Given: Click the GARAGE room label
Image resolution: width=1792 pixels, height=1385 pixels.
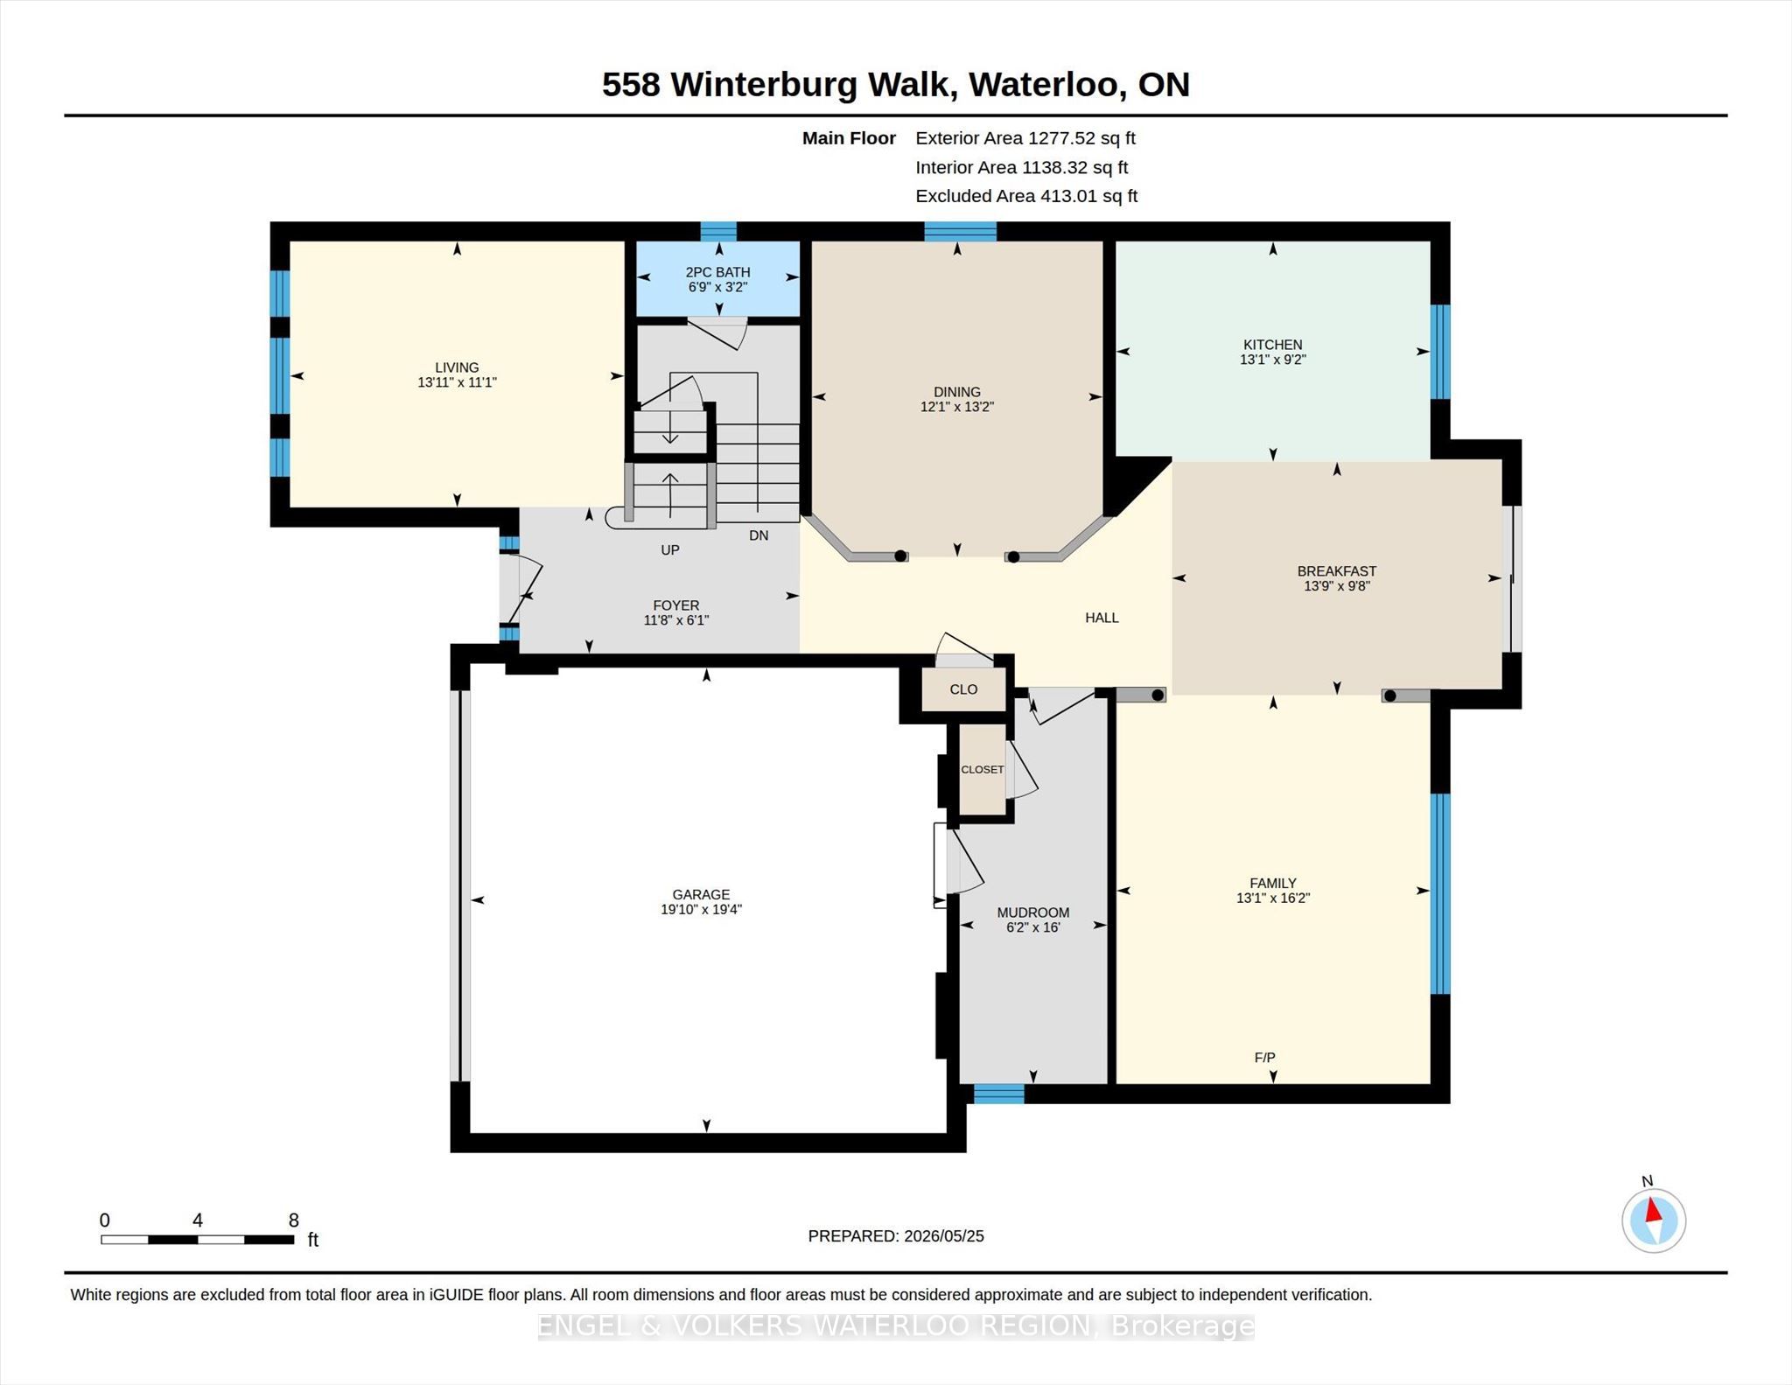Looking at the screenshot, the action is pyautogui.click(x=701, y=894).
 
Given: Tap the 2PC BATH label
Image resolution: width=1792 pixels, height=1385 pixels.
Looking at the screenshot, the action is pyautogui.click(x=717, y=272).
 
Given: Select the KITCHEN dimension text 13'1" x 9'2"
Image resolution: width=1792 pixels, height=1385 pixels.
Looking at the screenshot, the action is pyautogui.click(x=1272, y=360).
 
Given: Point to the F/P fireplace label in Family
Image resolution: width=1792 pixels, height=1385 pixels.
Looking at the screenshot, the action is pyautogui.click(x=1264, y=1058).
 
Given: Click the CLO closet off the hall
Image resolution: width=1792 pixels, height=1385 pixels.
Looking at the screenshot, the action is pyautogui.click(x=963, y=689).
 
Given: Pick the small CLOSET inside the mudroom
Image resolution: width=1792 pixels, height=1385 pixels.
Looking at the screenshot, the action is pyautogui.click(x=982, y=770).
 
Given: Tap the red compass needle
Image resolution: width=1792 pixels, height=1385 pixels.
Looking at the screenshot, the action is pyautogui.click(x=1653, y=1211).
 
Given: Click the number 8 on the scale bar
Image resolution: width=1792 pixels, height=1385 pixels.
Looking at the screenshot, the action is pyautogui.click(x=294, y=1221).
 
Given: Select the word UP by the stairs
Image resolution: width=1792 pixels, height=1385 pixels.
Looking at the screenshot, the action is pyautogui.click(x=670, y=550).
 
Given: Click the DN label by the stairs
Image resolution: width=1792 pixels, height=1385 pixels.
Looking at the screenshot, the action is pyautogui.click(x=759, y=535).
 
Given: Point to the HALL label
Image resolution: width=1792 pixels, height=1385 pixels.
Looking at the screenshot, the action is pyautogui.click(x=1102, y=618).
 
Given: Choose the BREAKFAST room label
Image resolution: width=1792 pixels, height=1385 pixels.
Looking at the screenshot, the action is pyautogui.click(x=1336, y=571).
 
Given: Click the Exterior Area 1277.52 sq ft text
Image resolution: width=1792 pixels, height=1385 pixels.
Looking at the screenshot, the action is pyautogui.click(x=1025, y=138).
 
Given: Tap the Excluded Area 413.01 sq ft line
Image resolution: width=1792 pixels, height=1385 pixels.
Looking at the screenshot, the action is pyautogui.click(x=1026, y=196).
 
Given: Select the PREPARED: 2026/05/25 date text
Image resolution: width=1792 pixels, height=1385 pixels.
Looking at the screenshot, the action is pyautogui.click(x=896, y=1236).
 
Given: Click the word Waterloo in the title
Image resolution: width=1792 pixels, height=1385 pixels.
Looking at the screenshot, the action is pyautogui.click(x=1044, y=85).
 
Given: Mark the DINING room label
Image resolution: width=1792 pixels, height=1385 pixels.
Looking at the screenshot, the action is pyautogui.click(x=956, y=392).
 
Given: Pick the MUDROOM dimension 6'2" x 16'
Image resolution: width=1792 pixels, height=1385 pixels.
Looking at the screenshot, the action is pyautogui.click(x=1032, y=927).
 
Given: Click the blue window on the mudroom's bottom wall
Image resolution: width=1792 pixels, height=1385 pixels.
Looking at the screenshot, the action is pyautogui.click(x=998, y=1094).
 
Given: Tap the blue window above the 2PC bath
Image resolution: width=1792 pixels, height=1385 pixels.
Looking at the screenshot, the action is pyautogui.click(x=718, y=231).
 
